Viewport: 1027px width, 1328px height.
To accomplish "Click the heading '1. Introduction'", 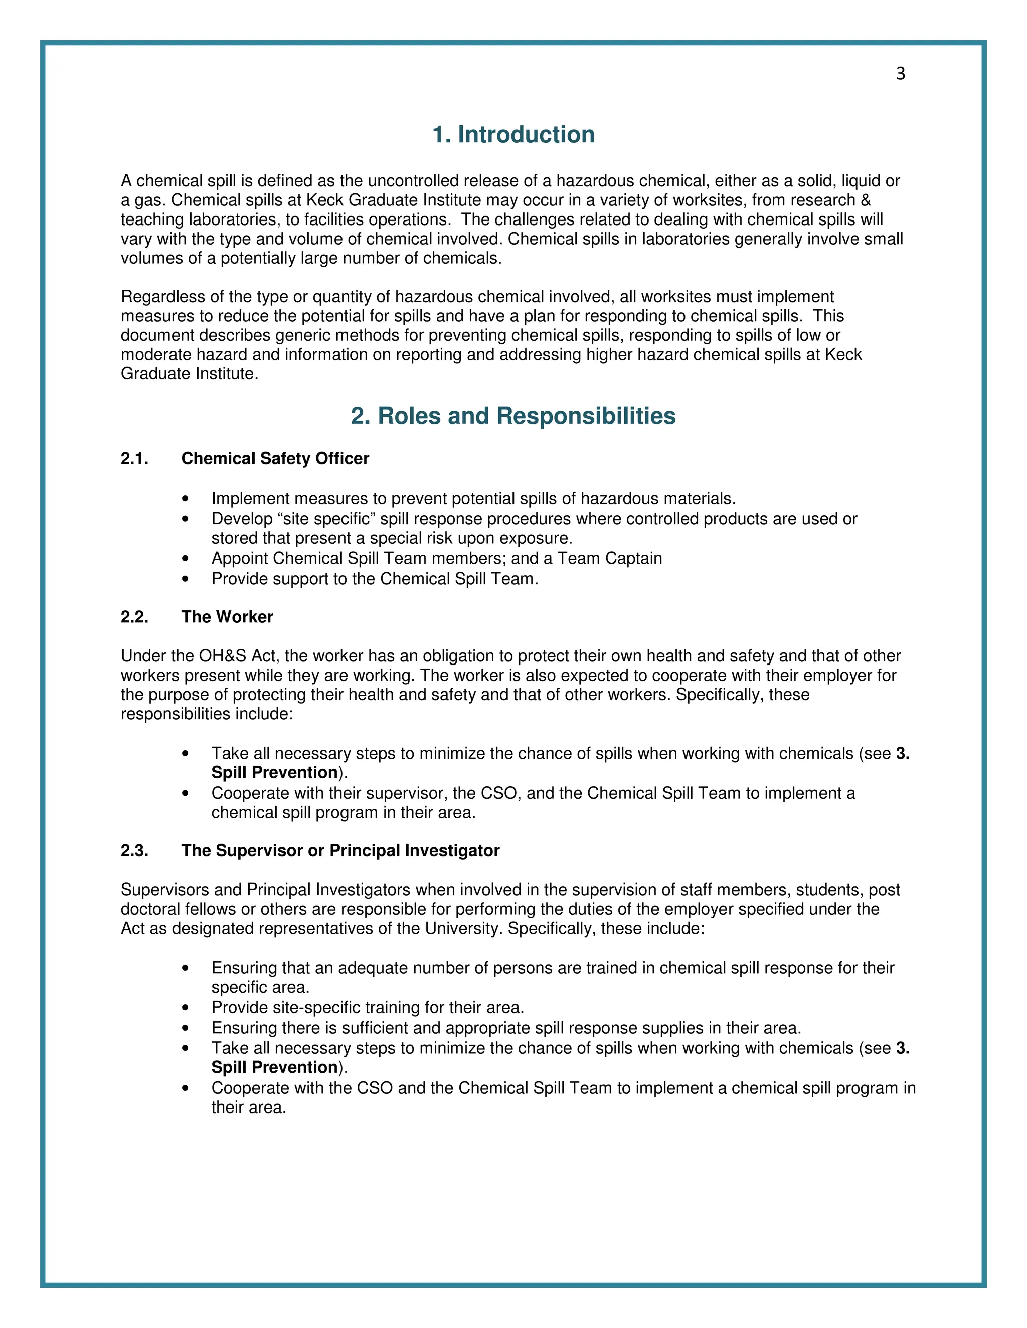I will coord(513,134).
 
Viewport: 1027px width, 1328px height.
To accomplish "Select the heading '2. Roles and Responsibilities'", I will coord(513,416).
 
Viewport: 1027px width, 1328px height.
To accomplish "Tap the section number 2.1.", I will coord(134,458).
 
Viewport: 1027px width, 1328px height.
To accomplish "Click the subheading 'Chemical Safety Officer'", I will coord(275,458).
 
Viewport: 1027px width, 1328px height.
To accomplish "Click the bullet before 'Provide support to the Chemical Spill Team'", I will coord(186,579).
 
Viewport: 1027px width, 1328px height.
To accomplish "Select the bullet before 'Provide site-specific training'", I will coord(186,1008).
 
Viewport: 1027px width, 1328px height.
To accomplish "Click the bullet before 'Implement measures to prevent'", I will coord(186,499).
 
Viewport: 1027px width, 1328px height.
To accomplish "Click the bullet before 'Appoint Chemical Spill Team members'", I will coord(186,559).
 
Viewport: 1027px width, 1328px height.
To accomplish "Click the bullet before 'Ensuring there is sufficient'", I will coord(186,1029).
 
